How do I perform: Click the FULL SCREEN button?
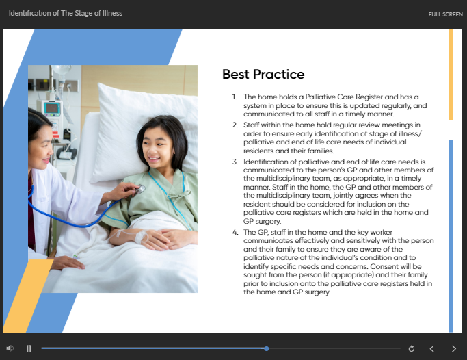(445, 14)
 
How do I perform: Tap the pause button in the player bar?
(29, 348)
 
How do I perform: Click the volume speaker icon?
(10, 348)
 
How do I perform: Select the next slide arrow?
(453, 348)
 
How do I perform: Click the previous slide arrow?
(431, 348)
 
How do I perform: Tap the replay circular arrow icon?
(411, 348)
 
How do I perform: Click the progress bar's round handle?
(266, 348)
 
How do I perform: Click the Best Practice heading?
(263, 75)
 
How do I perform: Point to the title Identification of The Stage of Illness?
(66, 13)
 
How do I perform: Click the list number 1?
(234, 97)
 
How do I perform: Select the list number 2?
(234, 126)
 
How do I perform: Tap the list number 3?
(234, 162)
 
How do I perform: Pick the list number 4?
(234, 233)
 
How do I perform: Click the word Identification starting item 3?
(267, 162)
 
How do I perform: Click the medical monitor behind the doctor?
(52, 107)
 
